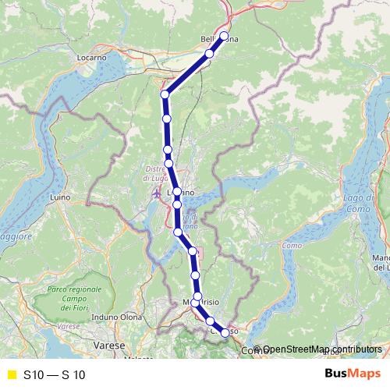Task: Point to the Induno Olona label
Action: tap(115, 317)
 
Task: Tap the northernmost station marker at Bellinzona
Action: tap(224, 36)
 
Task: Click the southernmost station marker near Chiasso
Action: tap(225, 333)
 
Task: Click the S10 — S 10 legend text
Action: tap(55, 374)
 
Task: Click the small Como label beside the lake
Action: tap(291, 246)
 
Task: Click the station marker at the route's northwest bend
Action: tap(165, 94)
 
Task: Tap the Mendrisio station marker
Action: tap(197, 296)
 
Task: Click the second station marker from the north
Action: tap(209, 54)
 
